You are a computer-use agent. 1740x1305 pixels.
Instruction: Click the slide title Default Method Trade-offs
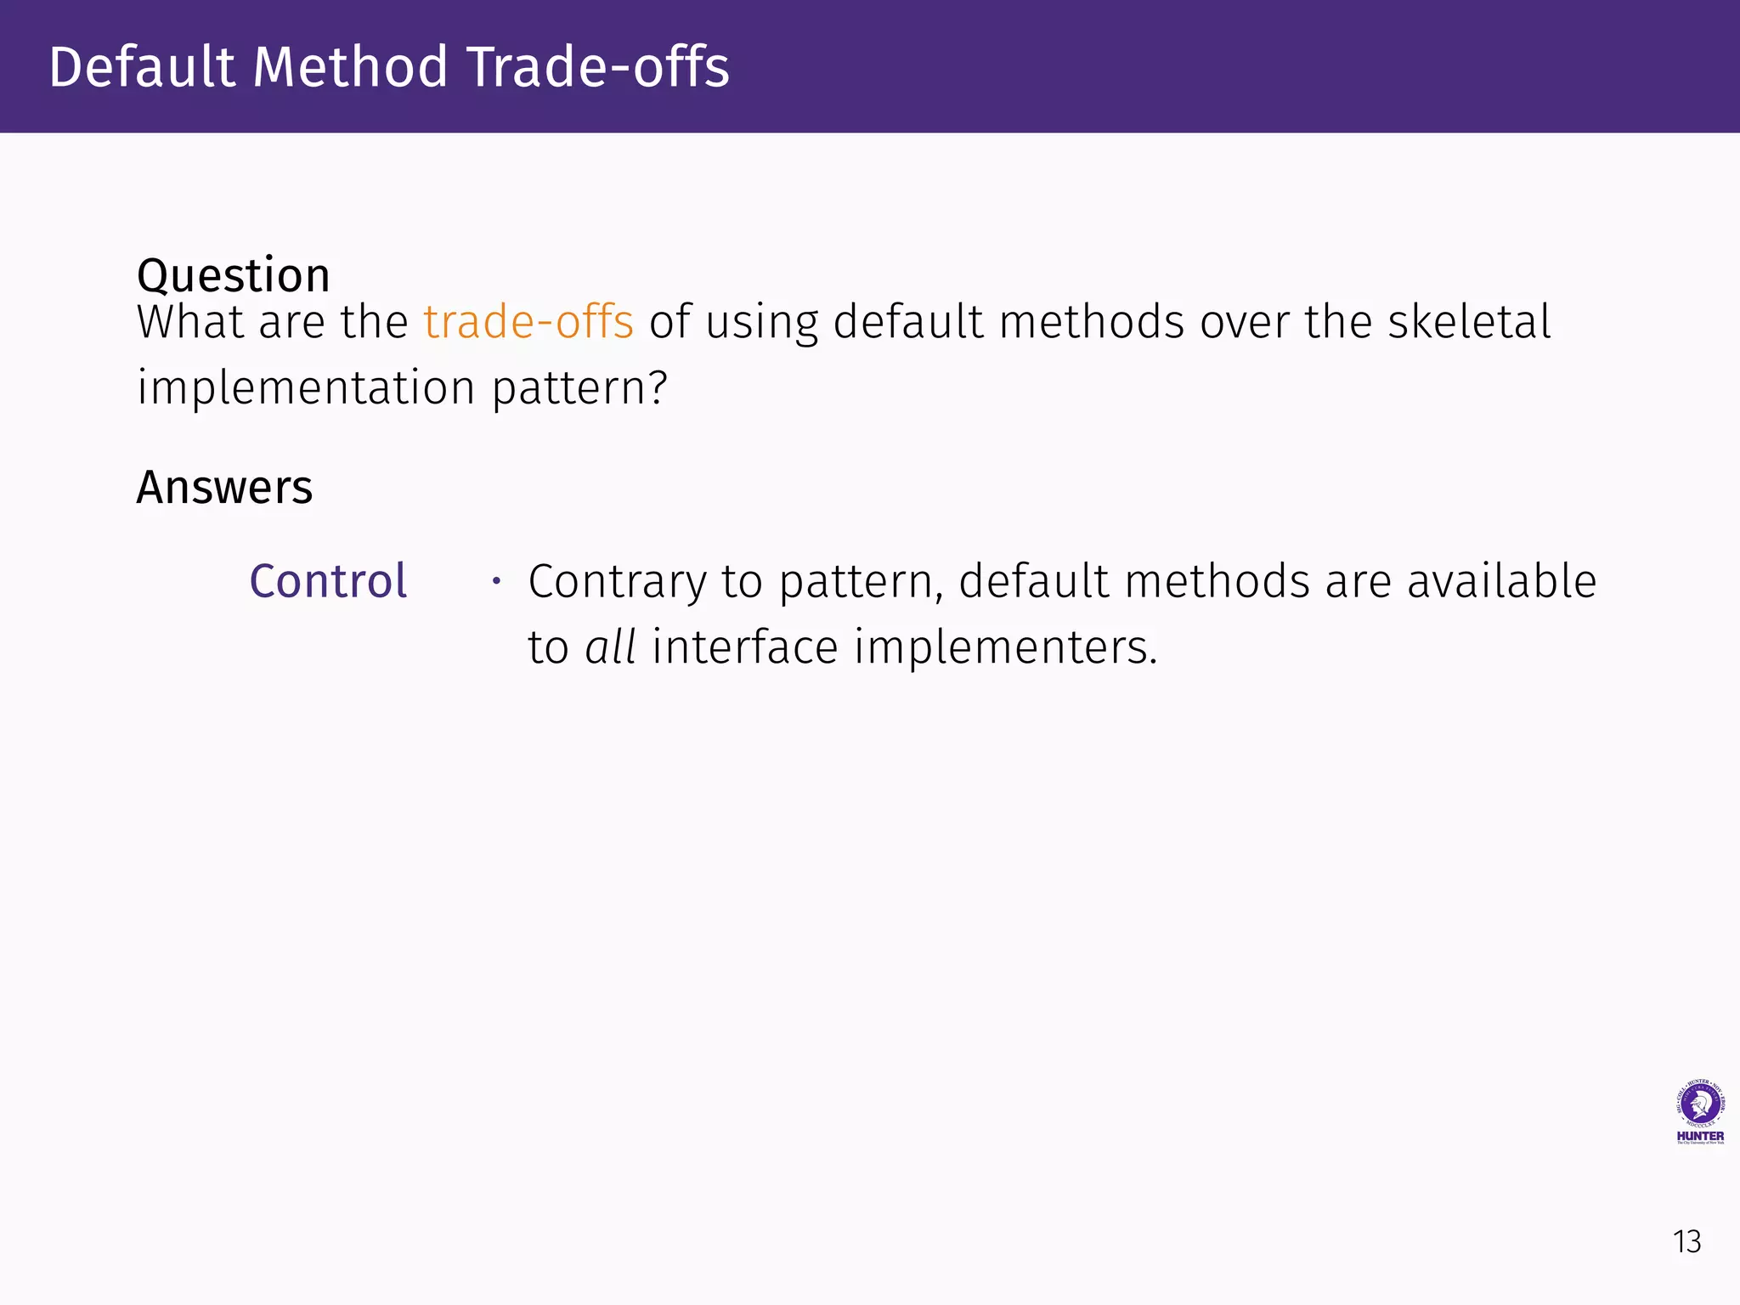389,67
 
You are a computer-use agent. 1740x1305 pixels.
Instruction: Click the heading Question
233,275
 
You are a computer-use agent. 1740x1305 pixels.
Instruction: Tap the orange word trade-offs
528,322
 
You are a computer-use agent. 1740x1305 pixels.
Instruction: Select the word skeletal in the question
1469,322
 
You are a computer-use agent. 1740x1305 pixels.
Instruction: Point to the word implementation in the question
306,388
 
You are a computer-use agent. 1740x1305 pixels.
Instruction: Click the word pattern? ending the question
580,388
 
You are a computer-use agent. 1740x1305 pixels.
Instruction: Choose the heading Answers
224,488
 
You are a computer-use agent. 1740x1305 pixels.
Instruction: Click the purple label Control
328,582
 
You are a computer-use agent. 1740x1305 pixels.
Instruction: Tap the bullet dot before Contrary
496,582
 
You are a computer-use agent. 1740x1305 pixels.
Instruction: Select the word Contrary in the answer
617,582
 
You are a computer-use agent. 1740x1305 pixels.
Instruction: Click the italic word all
611,647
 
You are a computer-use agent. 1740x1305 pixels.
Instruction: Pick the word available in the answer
1501,582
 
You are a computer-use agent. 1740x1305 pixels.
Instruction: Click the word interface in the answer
745,647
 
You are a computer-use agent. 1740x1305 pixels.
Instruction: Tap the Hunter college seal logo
1699,1104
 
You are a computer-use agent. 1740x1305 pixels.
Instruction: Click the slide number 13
1686,1242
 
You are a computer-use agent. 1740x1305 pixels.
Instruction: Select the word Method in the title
350,67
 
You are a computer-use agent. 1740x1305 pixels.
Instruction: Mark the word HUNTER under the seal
1700,1136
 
